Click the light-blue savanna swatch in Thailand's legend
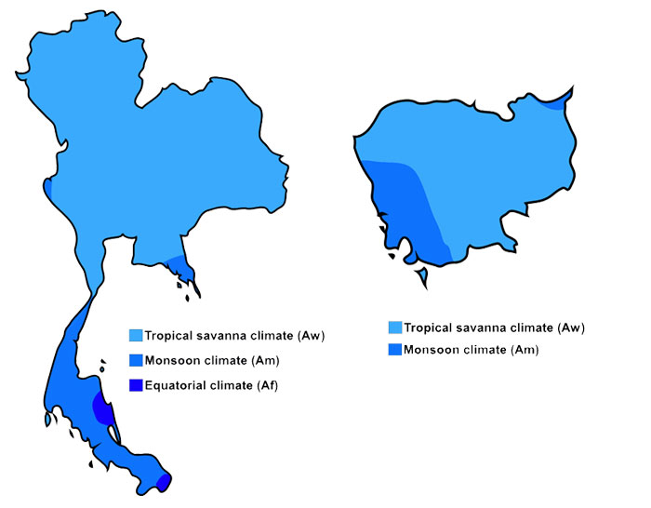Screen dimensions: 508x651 tap(136, 335)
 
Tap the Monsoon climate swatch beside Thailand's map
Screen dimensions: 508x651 tap(136, 360)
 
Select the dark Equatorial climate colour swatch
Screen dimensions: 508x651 tap(136, 385)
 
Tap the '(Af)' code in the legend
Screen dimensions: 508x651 tap(266, 385)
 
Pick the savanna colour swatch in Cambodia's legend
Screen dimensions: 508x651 tap(395, 328)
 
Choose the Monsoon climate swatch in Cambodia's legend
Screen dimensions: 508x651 tap(395, 350)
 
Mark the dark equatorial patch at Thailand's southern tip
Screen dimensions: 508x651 tap(164, 481)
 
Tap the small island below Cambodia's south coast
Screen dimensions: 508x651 tap(423, 276)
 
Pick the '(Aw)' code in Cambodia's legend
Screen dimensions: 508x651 tap(569, 328)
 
